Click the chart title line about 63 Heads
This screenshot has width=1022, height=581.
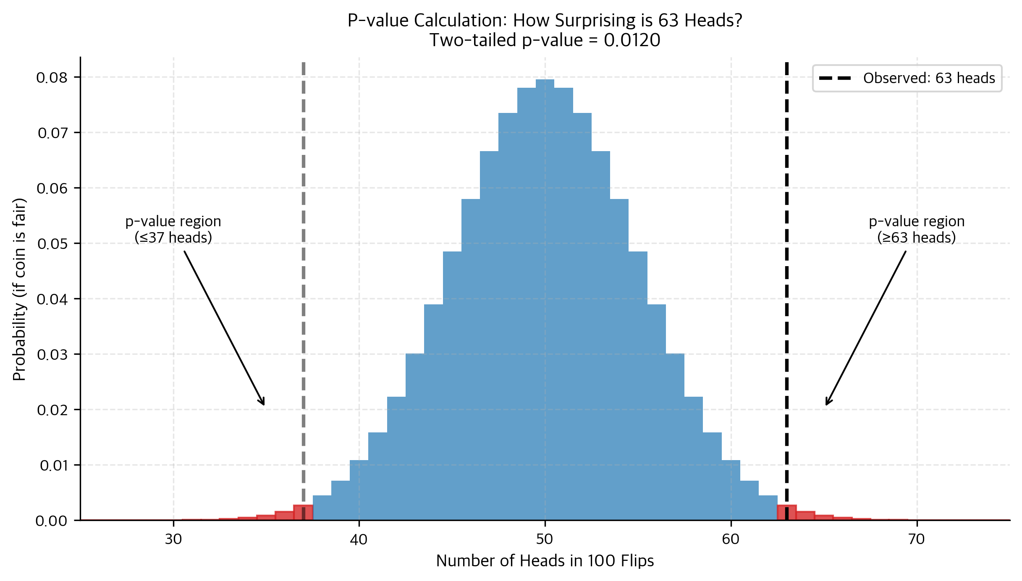click(545, 20)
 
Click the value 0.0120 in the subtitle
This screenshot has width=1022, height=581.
click(632, 40)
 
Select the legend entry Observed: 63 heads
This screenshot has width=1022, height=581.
click(929, 78)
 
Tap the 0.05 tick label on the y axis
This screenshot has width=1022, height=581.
click(52, 243)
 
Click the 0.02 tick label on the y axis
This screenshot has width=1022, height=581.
click(52, 410)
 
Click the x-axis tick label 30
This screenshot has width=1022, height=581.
click(173, 539)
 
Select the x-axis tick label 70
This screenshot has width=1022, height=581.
click(917, 539)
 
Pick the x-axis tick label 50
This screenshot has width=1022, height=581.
click(545, 539)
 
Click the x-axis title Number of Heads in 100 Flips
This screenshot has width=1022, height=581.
click(545, 561)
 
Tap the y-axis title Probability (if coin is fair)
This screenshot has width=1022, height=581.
click(19, 290)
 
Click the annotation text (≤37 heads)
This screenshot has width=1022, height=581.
click(173, 238)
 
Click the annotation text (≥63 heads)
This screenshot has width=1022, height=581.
click(917, 238)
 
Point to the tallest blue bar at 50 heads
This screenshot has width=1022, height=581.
click(545, 294)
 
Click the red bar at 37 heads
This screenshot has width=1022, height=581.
click(298, 513)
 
